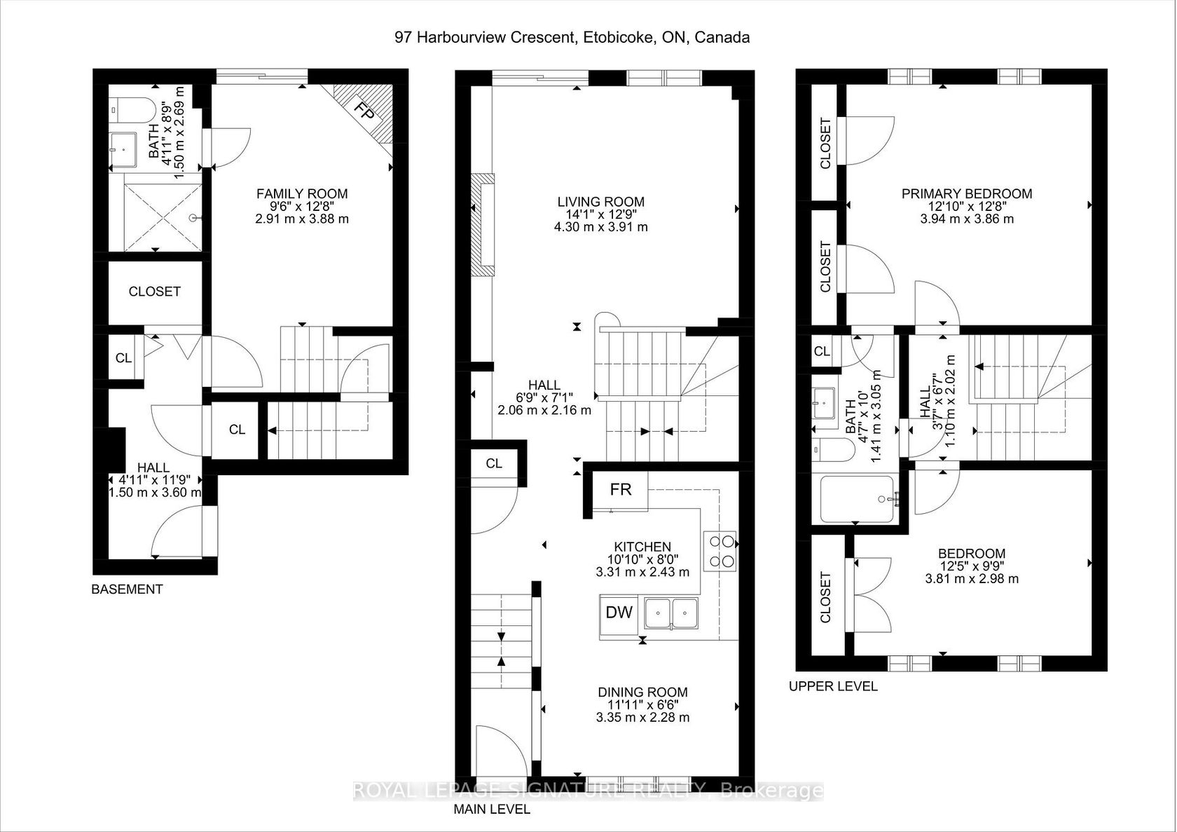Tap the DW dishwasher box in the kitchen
coord(619,613)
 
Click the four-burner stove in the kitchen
coord(721,552)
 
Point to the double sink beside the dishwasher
coord(671,613)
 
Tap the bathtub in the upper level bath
coord(856,499)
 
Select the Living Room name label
coord(601,202)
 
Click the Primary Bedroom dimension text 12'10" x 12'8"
coord(967,207)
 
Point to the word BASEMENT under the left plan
coord(128,589)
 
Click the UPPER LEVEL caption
coord(834,686)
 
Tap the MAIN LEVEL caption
coord(492,809)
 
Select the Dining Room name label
coord(642,693)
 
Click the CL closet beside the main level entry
coord(494,463)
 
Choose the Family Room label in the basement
coord(302,194)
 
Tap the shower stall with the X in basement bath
coord(163,217)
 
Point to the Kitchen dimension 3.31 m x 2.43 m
coord(642,572)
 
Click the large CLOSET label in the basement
coord(154,292)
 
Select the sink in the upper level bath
coord(823,403)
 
